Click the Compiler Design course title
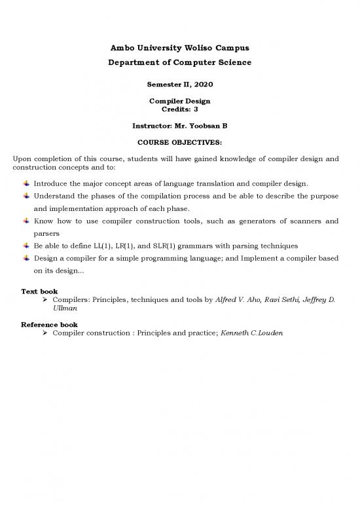point(179,101)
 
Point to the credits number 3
point(196,109)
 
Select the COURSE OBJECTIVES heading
point(179,141)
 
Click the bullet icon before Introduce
point(26,183)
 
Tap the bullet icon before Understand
point(26,197)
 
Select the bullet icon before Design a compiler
point(26,258)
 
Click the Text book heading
point(39,291)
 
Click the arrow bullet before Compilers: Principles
point(46,299)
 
